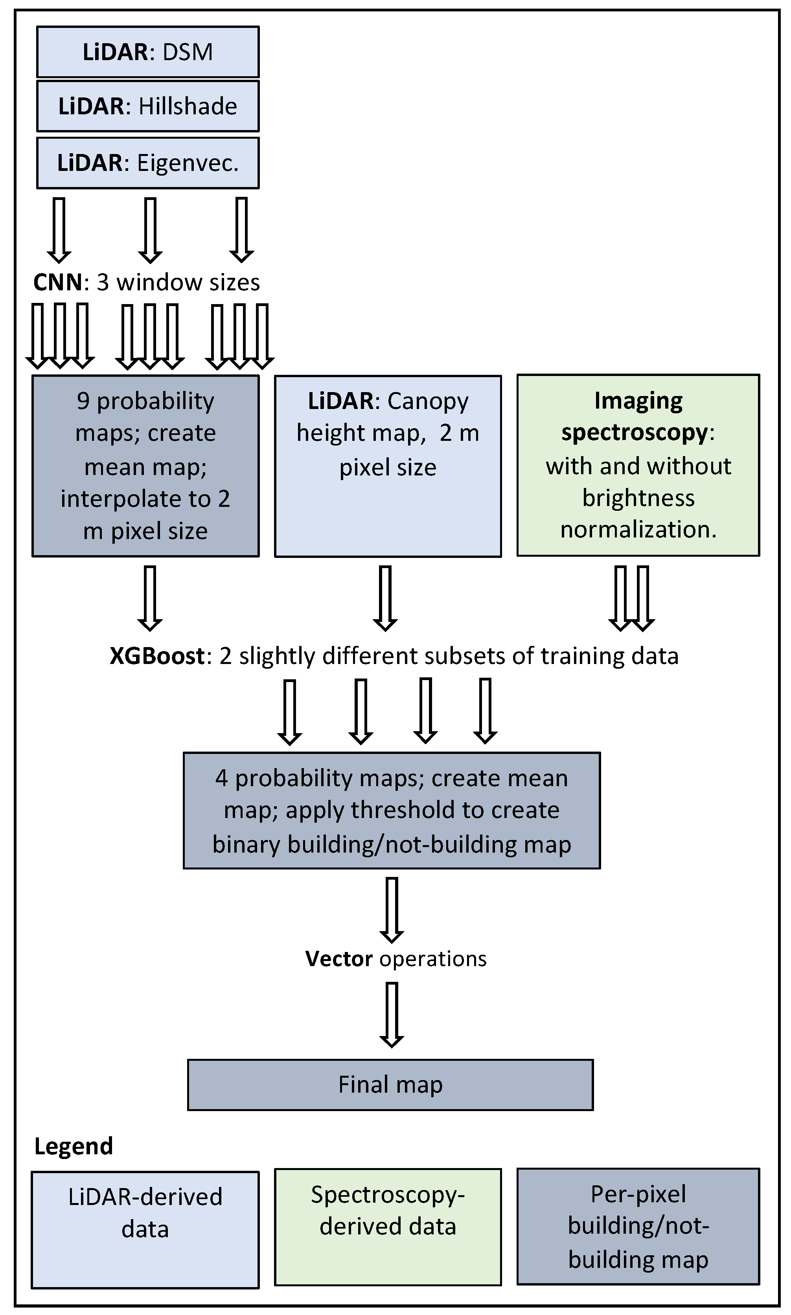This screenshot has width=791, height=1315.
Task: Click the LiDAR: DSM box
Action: [x=148, y=51]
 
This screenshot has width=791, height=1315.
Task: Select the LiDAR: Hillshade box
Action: [x=148, y=106]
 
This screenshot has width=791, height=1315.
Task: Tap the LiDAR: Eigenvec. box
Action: [x=148, y=162]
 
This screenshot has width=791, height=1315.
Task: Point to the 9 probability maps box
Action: [x=145, y=466]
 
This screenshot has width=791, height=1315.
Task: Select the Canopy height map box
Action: [x=388, y=466]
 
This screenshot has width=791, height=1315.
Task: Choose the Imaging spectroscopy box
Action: [x=638, y=465]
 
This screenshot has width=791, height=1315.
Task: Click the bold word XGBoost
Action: [x=157, y=656]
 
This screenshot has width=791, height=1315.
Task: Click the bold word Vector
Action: [x=338, y=959]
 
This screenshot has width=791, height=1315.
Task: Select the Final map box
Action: [x=390, y=1084]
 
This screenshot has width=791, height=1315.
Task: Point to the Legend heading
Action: [x=74, y=1146]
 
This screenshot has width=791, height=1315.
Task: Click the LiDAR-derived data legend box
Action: [x=145, y=1230]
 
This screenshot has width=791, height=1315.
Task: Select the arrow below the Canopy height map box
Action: [x=385, y=598]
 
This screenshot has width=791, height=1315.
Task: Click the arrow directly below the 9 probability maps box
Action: [x=150, y=598]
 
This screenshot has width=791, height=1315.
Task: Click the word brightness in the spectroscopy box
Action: [x=638, y=498]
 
